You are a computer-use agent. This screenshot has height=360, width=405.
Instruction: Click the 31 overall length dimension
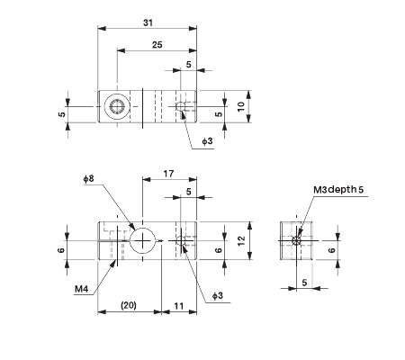(148, 23)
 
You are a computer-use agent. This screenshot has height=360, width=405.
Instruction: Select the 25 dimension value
(157, 44)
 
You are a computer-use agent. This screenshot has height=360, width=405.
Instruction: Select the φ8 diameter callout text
(88, 180)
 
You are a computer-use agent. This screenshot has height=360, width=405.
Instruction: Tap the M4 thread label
(81, 290)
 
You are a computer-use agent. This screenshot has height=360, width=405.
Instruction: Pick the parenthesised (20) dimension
(128, 306)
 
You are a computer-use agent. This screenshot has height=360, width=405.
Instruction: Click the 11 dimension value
(178, 306)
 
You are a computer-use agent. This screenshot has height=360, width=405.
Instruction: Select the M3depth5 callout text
(338, 190)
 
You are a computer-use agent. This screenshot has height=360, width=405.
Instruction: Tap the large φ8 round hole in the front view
(143, 240)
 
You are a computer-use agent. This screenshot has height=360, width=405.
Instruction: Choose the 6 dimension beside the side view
(332, 251)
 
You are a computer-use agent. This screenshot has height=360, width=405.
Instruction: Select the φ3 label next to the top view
(206, 141)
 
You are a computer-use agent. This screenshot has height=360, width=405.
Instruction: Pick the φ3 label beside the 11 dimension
(218, 295)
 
